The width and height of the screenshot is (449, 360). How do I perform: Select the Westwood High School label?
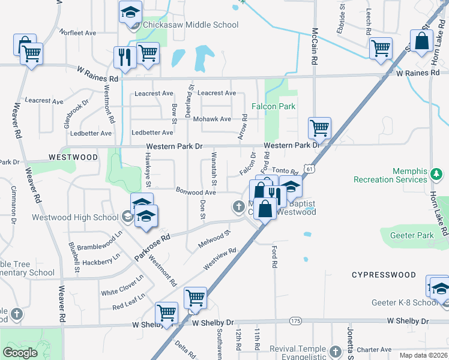tap(75, 218)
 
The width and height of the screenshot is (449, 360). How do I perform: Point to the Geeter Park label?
tap(411, 236)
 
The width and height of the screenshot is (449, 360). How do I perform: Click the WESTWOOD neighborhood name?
tap(73, 157)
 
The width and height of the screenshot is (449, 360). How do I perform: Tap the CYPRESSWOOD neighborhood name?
tap(384, 275)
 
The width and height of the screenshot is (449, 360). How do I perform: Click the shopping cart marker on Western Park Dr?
tap(319, 127)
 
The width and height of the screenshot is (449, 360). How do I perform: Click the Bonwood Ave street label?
tap(196, 192)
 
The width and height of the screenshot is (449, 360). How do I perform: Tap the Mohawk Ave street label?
tap(217, 119)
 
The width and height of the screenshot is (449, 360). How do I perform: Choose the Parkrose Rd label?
tap(152, 247)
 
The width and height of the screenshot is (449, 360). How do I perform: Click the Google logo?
tap(20, 353)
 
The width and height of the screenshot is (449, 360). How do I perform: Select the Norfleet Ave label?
tap(78, 32)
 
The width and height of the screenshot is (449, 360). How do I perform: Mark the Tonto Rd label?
tap(285, 170)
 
